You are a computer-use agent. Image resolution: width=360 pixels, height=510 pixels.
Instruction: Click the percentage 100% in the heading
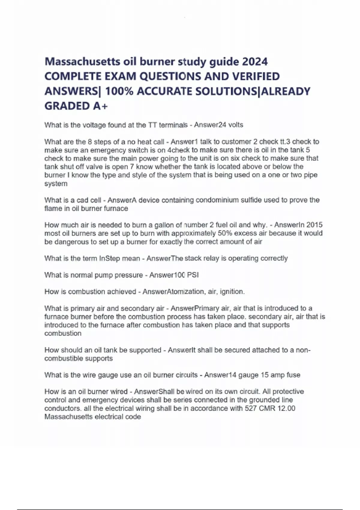point(119,91)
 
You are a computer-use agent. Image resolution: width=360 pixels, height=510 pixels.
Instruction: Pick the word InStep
point(109,258)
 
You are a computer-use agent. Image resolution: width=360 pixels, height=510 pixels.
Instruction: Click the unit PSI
point(193,275)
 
